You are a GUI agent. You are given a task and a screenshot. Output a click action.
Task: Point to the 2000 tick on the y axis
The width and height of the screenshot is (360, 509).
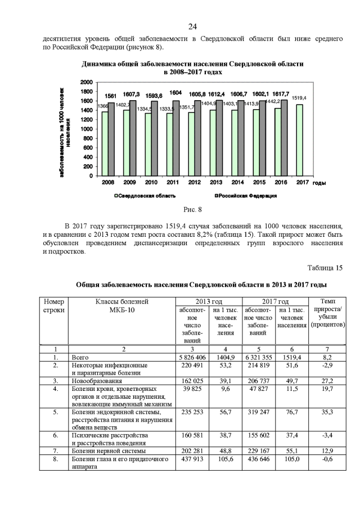(x=86, y=82)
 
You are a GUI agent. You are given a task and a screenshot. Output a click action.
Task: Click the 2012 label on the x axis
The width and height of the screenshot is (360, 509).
(x=194, y=183)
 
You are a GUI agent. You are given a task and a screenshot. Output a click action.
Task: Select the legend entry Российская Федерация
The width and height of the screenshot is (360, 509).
(x=247, y=196)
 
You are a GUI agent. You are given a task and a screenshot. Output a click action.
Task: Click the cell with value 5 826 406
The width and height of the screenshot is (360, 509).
(x=192, y=357)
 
